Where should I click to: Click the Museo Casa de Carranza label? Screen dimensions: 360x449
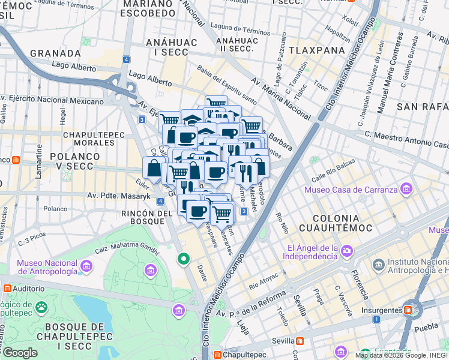click(x=351, y=190)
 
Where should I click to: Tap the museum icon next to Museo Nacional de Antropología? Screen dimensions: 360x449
click(x=86, y=266)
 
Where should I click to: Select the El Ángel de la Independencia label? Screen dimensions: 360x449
click(x=312, y=252)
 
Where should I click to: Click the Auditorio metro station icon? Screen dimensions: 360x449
click(x=7, y=289)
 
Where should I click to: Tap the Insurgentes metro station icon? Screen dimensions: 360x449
click(x=408, y=310)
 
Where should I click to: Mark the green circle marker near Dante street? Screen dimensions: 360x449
click(x=184, y=259)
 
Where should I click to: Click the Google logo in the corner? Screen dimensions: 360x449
click(x=20, y=352)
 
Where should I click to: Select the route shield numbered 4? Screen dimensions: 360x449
click(x=126, y=59)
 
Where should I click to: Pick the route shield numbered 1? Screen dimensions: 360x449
click(x=376, y=319)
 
